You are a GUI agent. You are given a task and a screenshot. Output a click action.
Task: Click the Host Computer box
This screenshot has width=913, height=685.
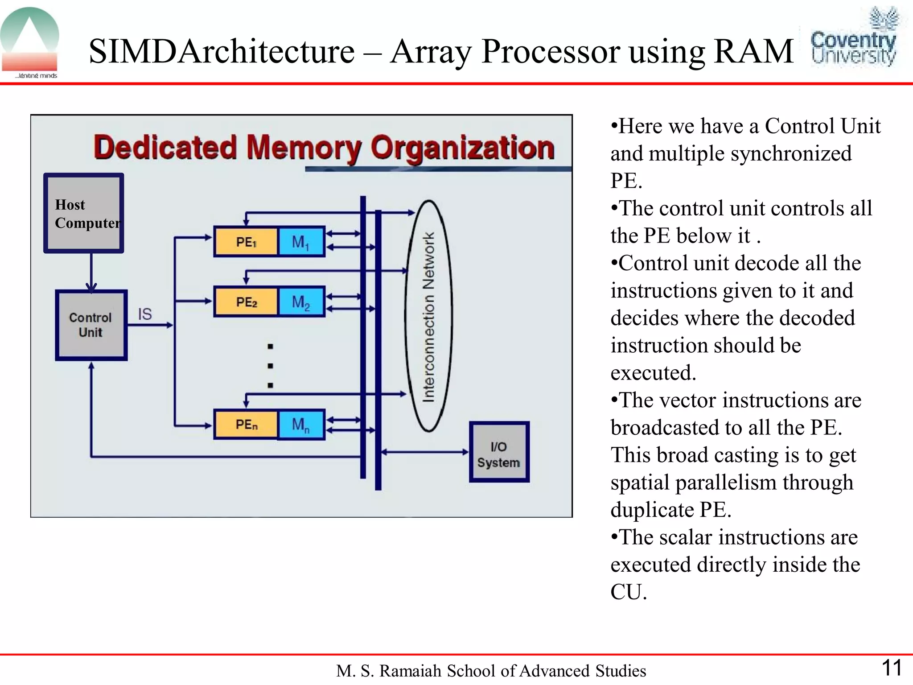point(83,213)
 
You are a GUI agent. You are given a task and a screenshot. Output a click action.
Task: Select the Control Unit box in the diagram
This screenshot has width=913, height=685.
point(91,325)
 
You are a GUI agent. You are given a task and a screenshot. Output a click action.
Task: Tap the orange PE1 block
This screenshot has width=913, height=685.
point(246,242)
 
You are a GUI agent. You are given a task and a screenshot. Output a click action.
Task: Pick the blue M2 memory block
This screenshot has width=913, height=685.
point(301,302)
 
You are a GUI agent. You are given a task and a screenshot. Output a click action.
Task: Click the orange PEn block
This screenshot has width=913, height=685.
point(246,425)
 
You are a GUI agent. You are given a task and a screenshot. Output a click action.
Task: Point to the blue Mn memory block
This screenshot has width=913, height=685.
point(301,425)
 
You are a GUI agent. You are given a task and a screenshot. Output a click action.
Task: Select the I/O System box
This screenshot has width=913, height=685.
point(499,452)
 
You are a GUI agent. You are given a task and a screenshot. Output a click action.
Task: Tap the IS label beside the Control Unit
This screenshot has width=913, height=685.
point(144,314)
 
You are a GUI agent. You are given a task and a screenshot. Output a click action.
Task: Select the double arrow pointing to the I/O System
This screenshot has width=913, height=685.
point(425,452)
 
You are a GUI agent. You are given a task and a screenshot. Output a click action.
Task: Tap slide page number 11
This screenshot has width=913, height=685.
point(892,668)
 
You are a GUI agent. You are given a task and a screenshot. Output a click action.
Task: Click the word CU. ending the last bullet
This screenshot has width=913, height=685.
point(628,592)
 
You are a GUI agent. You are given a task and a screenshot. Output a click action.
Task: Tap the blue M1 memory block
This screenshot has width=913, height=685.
point(301,242)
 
